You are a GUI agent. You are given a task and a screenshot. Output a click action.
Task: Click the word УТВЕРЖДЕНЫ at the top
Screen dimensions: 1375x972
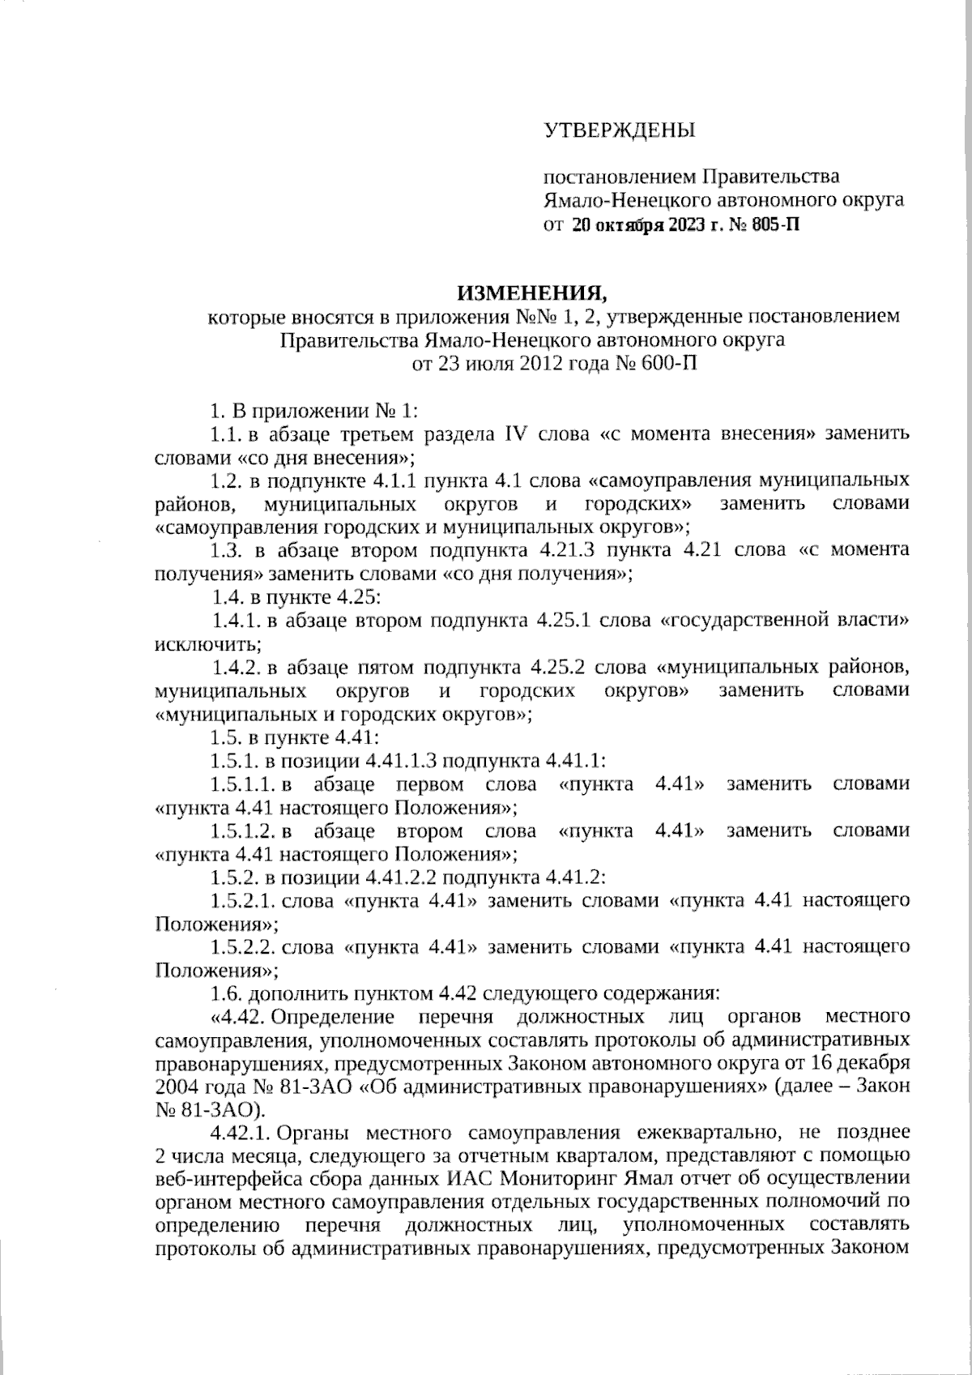[x=619, y=130]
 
